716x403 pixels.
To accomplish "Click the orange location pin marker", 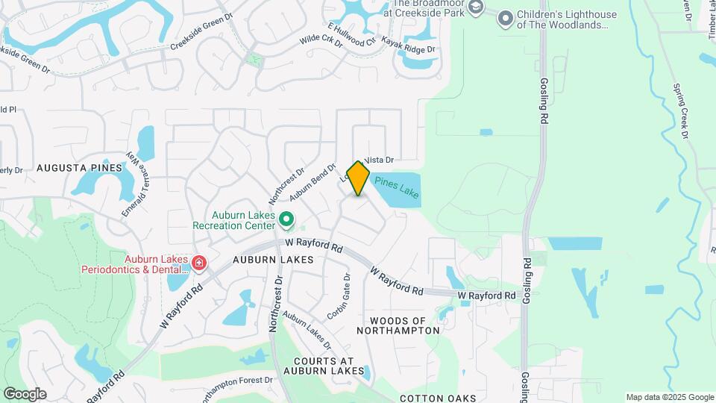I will tap(359, 178).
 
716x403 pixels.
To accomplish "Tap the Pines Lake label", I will tap(397, 187).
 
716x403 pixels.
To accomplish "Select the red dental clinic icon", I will tap(198, 263).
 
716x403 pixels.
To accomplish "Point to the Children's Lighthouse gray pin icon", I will tap(506, 18).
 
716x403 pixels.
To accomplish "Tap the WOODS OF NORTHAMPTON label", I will tap(392, 325).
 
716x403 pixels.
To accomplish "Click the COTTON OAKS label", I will tap(437, 399).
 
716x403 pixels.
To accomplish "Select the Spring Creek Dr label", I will tap(682, 112).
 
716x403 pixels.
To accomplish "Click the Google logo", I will tap(25, 394).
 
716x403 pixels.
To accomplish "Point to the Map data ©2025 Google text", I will tap(669, 397).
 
